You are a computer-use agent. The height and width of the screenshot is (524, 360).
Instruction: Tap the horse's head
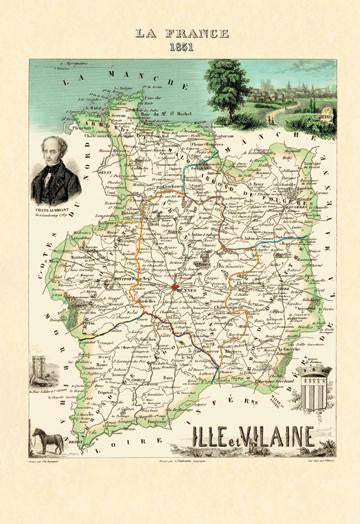point(38,433)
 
